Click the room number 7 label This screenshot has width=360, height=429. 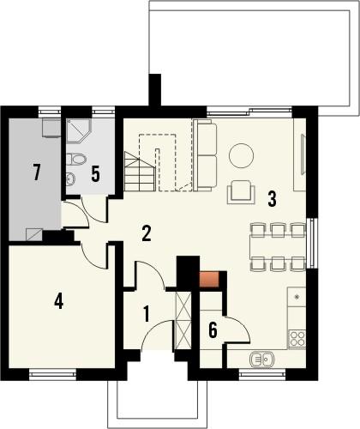click(x=36, y=172)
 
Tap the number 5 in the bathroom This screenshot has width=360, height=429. click(x=95, y=173)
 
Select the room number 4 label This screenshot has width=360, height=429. click(x=58, y=301)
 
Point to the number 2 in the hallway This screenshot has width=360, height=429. click(x=147, y=233)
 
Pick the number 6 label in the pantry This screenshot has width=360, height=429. click(x=213, y=328)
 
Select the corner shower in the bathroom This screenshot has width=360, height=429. click(x=78, y=130)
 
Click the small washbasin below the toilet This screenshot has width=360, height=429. click(x=69, y=178)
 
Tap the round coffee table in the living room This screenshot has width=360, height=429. click(x=241, y=156)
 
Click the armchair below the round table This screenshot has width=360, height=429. click(x=241, y=192)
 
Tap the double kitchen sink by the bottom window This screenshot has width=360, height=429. click(x=262, y=359)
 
